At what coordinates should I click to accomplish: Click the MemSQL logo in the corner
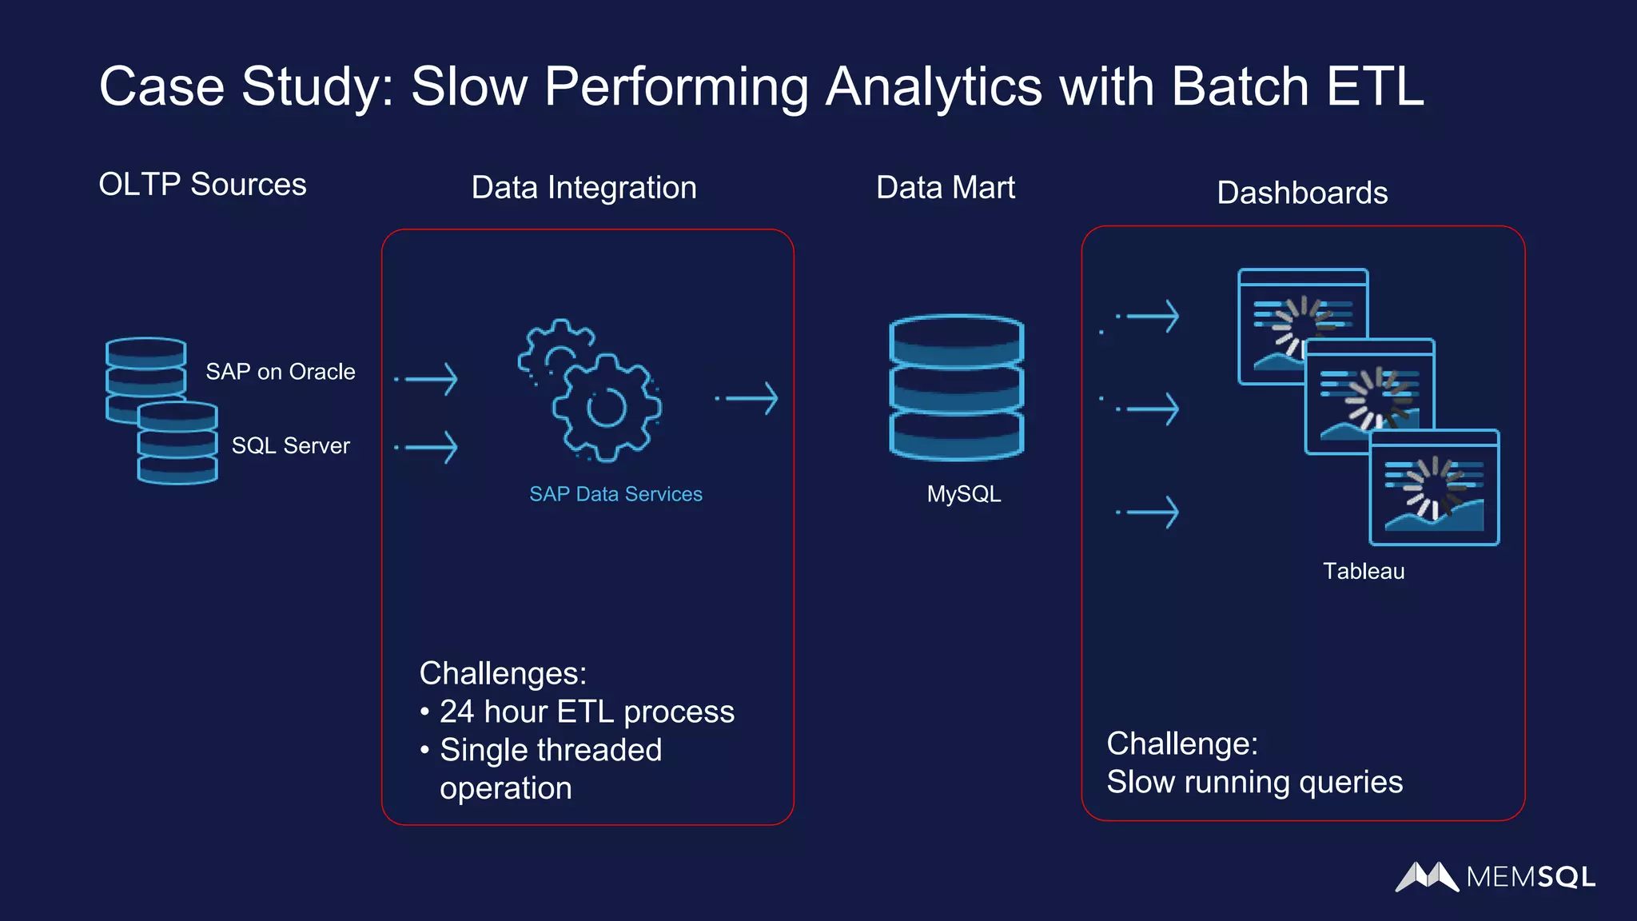(1495, 877)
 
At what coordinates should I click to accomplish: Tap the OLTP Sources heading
(202, 185)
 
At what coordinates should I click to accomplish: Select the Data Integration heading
(584, 188)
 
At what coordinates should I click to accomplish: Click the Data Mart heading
(945, 188)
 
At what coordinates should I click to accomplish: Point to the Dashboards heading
(1301, 193)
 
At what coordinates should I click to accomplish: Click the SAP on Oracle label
(280, 372)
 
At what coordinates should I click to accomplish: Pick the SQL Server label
(290, 445)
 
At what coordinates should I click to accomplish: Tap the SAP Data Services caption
(615, 494)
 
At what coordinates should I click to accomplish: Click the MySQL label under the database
(963, 494)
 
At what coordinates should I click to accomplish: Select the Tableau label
(1363, 571)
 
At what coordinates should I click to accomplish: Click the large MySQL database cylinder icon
(956, 388)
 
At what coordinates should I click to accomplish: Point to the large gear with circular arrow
(606, 408)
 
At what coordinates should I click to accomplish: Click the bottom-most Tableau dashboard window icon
(1434, 488)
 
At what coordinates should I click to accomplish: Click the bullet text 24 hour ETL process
(586, 712)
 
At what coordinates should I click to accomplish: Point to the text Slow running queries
(1254, 782)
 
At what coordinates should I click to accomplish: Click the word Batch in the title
(1240, 86)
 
